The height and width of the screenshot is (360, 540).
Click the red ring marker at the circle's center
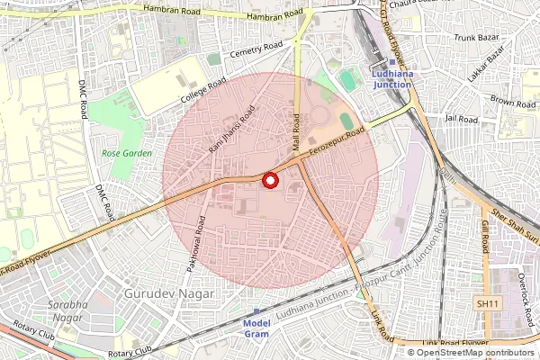coord(269,181)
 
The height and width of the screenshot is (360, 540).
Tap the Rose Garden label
coord(126,154)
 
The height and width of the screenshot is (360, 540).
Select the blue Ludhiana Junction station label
coord(391,78)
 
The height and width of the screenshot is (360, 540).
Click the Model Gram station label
coord(257,328)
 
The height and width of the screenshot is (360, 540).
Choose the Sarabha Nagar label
coord(68,311)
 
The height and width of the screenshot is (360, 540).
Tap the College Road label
coord(202,92)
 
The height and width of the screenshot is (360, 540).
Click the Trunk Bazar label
coord(475,38)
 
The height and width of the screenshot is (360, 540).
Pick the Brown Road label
coord(514,103)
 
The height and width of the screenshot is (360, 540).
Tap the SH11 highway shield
coord(488,304)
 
